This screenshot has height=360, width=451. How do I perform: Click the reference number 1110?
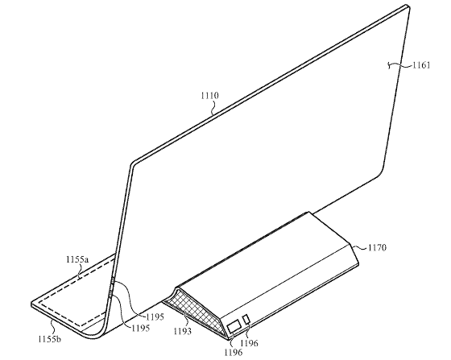coord(209,96)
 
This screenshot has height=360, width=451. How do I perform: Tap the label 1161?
coord(421,65)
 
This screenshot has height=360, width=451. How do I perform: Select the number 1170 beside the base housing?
coord(377,247)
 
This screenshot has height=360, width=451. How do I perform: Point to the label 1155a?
coord(77,259)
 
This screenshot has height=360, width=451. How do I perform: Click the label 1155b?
coord(50,339)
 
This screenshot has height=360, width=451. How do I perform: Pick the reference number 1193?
coord(182,331)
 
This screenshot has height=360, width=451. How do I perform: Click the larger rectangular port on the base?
coord(234,327)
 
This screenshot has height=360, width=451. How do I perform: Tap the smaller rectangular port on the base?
coord(246,320)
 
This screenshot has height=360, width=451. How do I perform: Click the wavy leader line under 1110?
coord(213,107)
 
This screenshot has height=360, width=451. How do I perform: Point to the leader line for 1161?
coord(400,66)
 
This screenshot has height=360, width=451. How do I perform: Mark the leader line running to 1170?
coord(359,246)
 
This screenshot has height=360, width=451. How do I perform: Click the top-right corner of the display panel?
coord(408,6)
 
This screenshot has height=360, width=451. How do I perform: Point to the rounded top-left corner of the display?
coord(134,163)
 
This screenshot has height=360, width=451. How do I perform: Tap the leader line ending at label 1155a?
coord(79,271)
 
